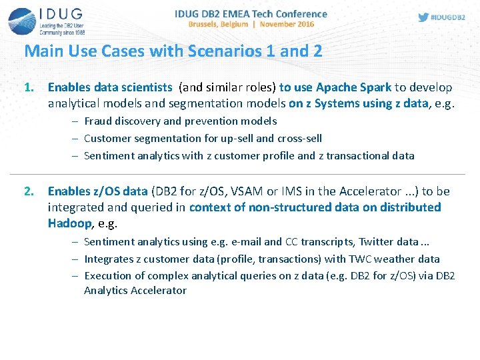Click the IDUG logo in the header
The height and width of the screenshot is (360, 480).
pos(47,21)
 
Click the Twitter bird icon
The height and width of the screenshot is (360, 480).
pos(423,17)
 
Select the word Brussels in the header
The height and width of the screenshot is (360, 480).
pos(208,25)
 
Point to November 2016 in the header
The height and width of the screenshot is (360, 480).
pos(287,25)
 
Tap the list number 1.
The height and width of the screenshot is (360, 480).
pos(29,87)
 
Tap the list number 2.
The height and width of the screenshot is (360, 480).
pos(29,191)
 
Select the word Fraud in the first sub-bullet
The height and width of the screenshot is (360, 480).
pos(97,121)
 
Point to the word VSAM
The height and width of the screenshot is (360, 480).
pos(246,191)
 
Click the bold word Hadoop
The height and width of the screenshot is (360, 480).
pos(69,223)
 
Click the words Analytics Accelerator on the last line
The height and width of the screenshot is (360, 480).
pos(135,290)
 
